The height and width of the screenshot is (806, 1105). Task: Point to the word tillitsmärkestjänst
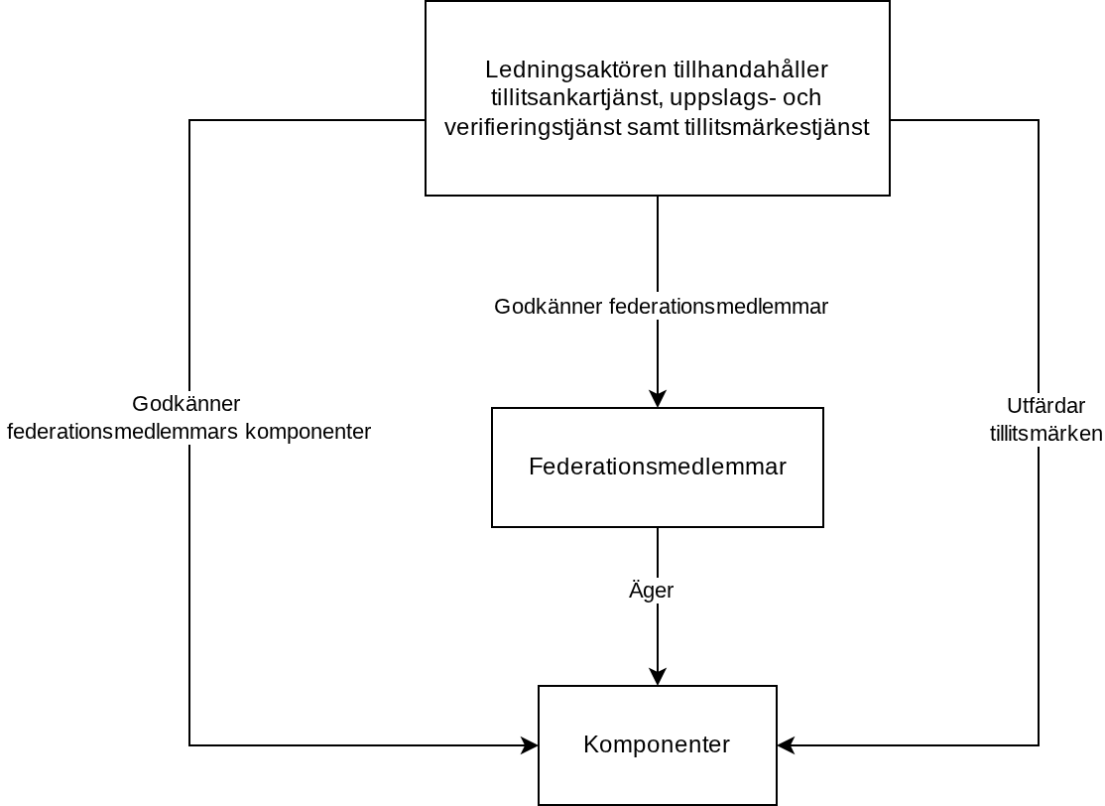coord(777,127)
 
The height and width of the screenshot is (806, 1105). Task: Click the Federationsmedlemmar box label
coord(658,467)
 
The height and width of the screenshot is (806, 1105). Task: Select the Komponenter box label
coord(657,744)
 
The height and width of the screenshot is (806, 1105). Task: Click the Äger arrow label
coord(651,590)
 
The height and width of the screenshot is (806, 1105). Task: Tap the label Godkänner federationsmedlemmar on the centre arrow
coord(661,307)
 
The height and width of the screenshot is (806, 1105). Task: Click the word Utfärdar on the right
coord(1045,406)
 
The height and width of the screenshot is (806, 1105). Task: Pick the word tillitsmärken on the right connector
coord(1045,434)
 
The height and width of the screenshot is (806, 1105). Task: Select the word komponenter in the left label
coord(307,432)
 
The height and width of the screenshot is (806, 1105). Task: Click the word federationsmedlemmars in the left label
coord(123,432)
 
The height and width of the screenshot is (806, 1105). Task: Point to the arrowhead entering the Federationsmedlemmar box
coord(658,398)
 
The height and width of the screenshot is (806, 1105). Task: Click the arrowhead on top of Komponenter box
coord(658,676)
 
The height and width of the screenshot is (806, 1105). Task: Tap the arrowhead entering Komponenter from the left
coord(530,744)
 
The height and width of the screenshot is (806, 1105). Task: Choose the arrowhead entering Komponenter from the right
coord(786,744)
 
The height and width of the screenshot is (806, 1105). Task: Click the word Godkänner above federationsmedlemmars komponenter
coord(186,404)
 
